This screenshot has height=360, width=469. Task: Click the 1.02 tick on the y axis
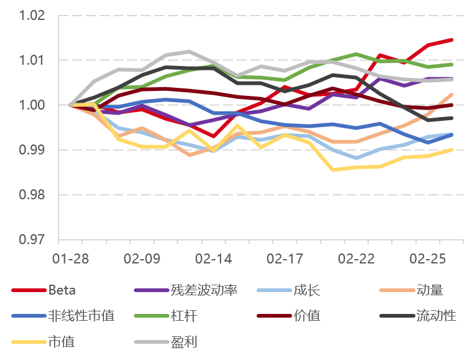pos(32,16)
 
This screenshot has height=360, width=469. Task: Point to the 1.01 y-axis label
pos(32,60)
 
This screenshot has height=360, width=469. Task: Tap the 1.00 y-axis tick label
pos(32,105)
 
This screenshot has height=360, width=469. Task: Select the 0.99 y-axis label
pos(32,150)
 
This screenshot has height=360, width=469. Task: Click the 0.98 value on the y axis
pos(32,195)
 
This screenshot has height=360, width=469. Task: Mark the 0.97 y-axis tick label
pos(32,240)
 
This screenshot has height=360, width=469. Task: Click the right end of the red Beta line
pos(452,40)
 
